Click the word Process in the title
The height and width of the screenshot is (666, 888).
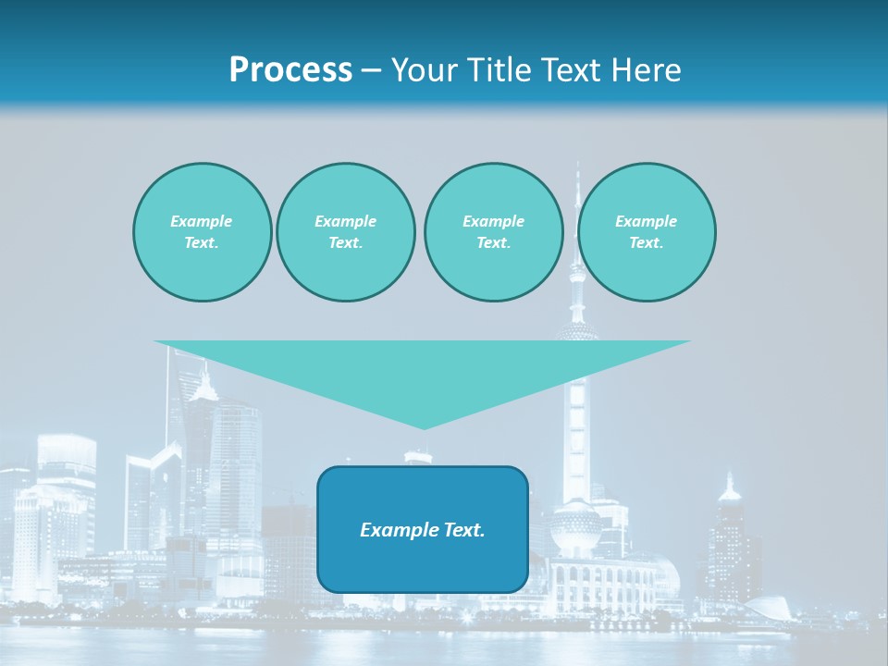(x=290, y=70)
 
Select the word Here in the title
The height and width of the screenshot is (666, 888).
(x=645, y=70)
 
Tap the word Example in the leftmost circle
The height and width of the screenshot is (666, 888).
(x=202, y=221)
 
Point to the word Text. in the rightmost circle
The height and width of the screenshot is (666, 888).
(x=647, y=242)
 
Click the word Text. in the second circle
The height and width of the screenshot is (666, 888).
(x=345, y=242)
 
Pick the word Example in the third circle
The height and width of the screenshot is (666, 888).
(x=493, y=221)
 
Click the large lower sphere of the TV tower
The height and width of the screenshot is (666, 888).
(x=574, y=528)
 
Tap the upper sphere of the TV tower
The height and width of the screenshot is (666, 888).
(x=577, y=331)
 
